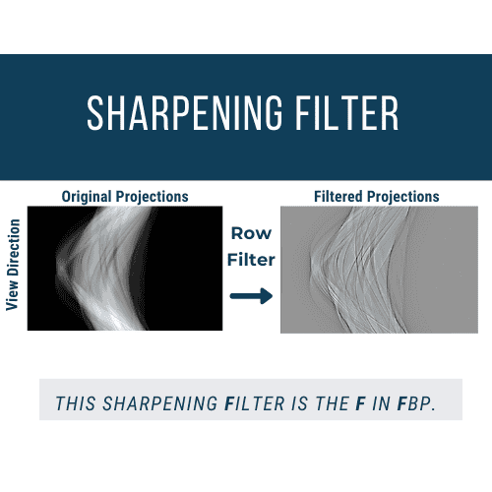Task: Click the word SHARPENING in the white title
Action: point(185,113)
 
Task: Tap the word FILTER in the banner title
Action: point(347,113)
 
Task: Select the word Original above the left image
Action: point(87,197)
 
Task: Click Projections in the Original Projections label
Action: point(153,197)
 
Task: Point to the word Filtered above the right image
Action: point(338,197)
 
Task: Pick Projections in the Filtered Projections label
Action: point(403,197)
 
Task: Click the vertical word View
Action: point(13,296)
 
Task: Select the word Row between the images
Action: point(251,233)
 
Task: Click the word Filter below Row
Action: point(251,260)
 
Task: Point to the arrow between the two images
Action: point(251,296)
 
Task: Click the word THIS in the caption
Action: point(76,403)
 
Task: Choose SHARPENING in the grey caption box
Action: point(159,403)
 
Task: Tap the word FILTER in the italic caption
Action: point(255,403)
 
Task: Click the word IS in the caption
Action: point(299,403)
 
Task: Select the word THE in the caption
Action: point(332,403)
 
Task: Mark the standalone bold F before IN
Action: point(360,403)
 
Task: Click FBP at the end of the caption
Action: point(416,403)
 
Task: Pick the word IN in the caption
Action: point(382,403)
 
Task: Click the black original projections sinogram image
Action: point(125,269)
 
